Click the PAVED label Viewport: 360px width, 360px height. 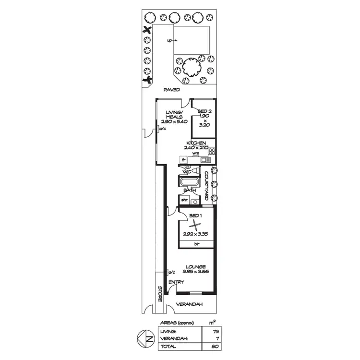(171, 90)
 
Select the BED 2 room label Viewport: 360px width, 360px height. (204, 111)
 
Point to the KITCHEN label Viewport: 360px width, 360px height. (197, 143)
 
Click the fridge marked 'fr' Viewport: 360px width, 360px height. (183, 159)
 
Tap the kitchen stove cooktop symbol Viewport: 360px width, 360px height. (211, 152)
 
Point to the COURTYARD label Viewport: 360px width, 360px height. (206, 186)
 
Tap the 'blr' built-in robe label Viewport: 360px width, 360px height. (196, 244)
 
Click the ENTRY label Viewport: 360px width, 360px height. (176, 282)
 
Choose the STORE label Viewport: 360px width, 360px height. (160, 294)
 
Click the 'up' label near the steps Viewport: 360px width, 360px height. (169, 41)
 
